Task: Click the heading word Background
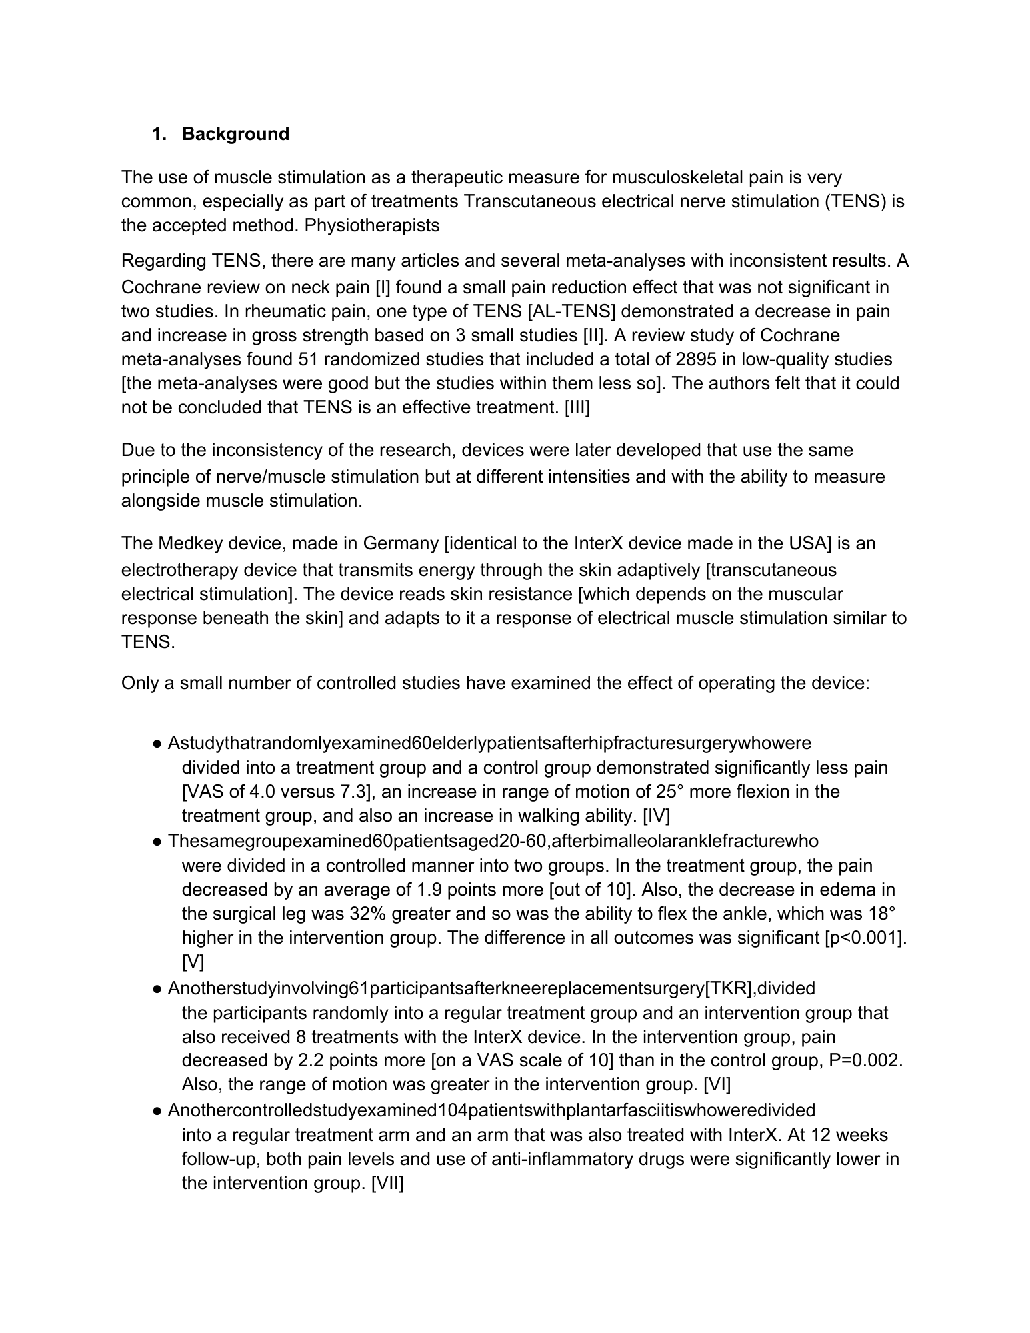pyautogui.click(x=235, y=134)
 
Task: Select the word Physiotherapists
pyautogui.click(x=372, y=225)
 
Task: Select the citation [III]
pyautogui.click(x=577, y=407)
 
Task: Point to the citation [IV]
pyautogui.click(x=657, y=816)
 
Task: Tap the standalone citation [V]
pyautogui.click(x=193, y=962)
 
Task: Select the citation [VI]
pyautogui.click(x=717, y=1084)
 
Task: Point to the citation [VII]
pyautogui.click(x=387, y=1183)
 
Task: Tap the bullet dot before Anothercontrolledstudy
pyautogui.click(x=157, y=1111)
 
